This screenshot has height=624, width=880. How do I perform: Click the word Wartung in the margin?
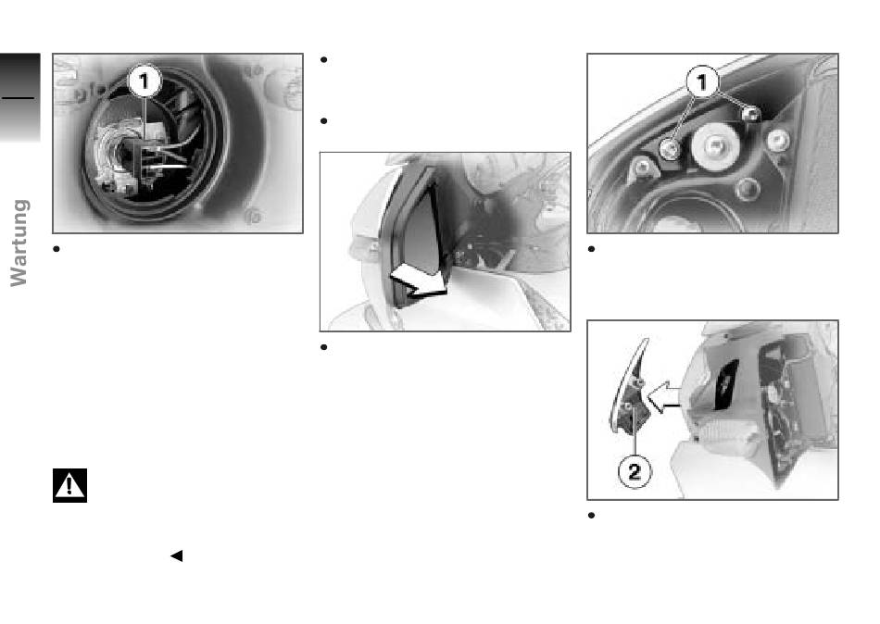pyautogui.click(x=19, y=243)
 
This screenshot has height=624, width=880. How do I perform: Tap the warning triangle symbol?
pyautogui.click(x=69, y=485)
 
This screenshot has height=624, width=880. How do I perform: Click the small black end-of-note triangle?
pyautogui.click(x=176, y=555)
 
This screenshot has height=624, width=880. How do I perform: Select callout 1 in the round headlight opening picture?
pyautogui.click(x=145, y=81)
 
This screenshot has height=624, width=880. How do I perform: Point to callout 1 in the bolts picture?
pyautogui.click(x=702, y=82)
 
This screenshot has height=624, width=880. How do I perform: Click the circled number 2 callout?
pyautogui.click(x=635, y=471)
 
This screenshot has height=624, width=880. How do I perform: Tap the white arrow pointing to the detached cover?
pyautogui.click(x=663, y=397)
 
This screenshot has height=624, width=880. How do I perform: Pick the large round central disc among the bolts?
pyautogui.click(x=714, y=146)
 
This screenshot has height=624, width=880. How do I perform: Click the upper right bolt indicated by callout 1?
pyautogui.click(x=750, y=115)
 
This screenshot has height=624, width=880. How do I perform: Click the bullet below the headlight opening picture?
pyautogui.click(x=57, y=249)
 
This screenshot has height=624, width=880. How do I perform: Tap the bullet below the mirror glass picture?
pyautogui.click(x=323, y=347)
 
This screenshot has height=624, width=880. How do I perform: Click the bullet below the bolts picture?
pyautogui.click(x=591, y=249)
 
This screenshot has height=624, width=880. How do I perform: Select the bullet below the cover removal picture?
pyautogui.click(x=591, y=515)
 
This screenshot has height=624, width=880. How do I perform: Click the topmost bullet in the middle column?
pyautogui.click(x=323, y=59)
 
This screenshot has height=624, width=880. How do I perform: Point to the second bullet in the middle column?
pyautogui.click(x=323, y=120)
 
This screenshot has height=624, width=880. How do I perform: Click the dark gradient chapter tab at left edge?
pyautogui.click(x=20, y=97)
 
